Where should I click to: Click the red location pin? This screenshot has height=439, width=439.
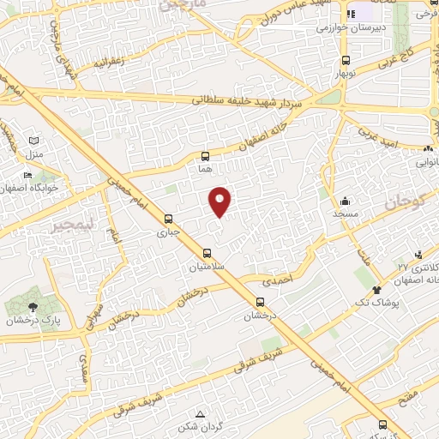pyautogui.click(x=220, y=201)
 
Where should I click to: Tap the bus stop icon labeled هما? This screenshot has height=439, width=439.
pyautogui.click(x=205, y=157)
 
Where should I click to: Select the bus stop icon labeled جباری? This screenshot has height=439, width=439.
pyautogui.click(x=169, y=219)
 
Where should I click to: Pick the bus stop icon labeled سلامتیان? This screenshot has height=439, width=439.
pyautogui.click(x=207, y=253)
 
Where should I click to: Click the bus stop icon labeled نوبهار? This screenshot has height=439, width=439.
pyautogui.click(x=346, y=61)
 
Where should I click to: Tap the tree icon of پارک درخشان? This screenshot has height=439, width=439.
pyautogui.click(x=33, y=306)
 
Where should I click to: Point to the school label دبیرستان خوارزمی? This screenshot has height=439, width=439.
pyautogui.click(x=350, y=27)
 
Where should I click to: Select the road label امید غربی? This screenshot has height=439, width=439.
pyautogui.click(x=377, y=132)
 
